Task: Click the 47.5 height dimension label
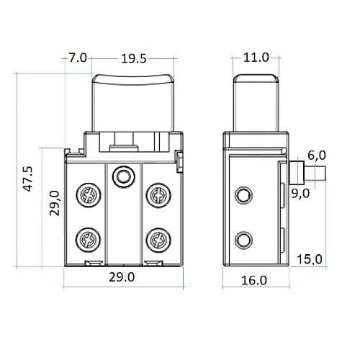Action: tap(28, 179)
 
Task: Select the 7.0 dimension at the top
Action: tap(78, 58)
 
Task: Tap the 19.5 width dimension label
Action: tap(133, 58)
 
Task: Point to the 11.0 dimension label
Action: tap(256, 58)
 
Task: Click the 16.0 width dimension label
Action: tap(254, 280)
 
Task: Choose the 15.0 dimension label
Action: tap(310, 259)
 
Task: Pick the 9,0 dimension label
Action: tap(300, 194)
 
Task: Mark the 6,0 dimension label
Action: tap(317, 156)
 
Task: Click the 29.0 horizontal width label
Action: tap(122, 277)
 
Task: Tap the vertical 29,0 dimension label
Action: tap(54, 203)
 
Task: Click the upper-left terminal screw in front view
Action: tap(89, 195)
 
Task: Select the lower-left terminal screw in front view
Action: tap(89, 240)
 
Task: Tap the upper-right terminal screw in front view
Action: tap(158, 195)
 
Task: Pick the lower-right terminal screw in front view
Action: tap(158, 240)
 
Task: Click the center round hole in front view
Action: tap(123, 176)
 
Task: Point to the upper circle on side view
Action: tap(243, 195)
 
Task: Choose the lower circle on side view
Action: tap(243, 240)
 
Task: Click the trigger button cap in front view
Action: tap(133, 103)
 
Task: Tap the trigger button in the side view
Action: tap(256, 103)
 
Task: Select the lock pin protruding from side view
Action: tap(307, 173)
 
